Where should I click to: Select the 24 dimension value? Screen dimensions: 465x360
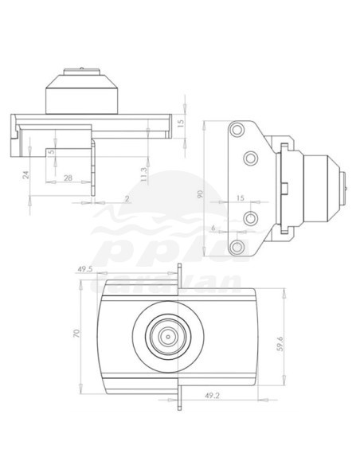(25, 173)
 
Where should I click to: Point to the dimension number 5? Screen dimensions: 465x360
(51, 150)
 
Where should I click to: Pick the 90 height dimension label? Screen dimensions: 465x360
(200, 193)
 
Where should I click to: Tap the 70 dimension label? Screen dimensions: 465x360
(77, 336)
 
